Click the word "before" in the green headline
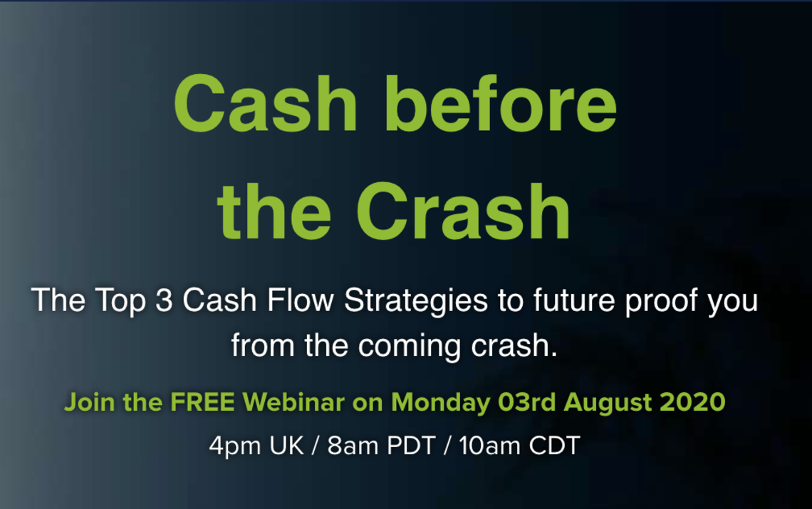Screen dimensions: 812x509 click(500, 103)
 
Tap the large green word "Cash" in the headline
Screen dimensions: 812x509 click(266, 103)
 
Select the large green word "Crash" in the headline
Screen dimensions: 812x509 click(463, 211)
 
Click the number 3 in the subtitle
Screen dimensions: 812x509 click(164, 300)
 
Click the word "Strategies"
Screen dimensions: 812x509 click(416, 301)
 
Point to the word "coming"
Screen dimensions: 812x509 click(409, 347)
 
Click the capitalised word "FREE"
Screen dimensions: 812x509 click(202, 402)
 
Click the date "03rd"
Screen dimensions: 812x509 click(526, 402)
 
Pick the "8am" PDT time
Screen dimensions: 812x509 click(353, 446)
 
